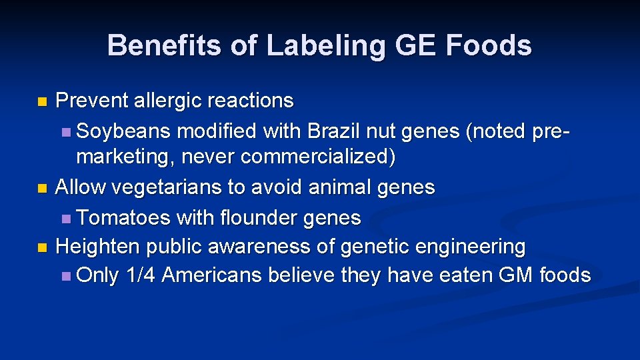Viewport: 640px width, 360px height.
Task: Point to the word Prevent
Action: (x=92, y=101)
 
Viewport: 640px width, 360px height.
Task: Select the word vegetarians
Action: (x=167, y=187)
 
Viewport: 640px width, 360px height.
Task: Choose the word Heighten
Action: (x=98, y=247)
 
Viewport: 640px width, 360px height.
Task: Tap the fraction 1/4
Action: (x=140, y=275)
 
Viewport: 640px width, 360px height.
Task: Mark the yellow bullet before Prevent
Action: (x=42, y=103)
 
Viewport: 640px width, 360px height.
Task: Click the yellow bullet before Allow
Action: (x=42, y=189)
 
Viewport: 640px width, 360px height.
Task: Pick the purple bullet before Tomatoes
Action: (x=65, y=219)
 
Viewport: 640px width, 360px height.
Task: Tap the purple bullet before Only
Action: (x=65, y=276)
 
